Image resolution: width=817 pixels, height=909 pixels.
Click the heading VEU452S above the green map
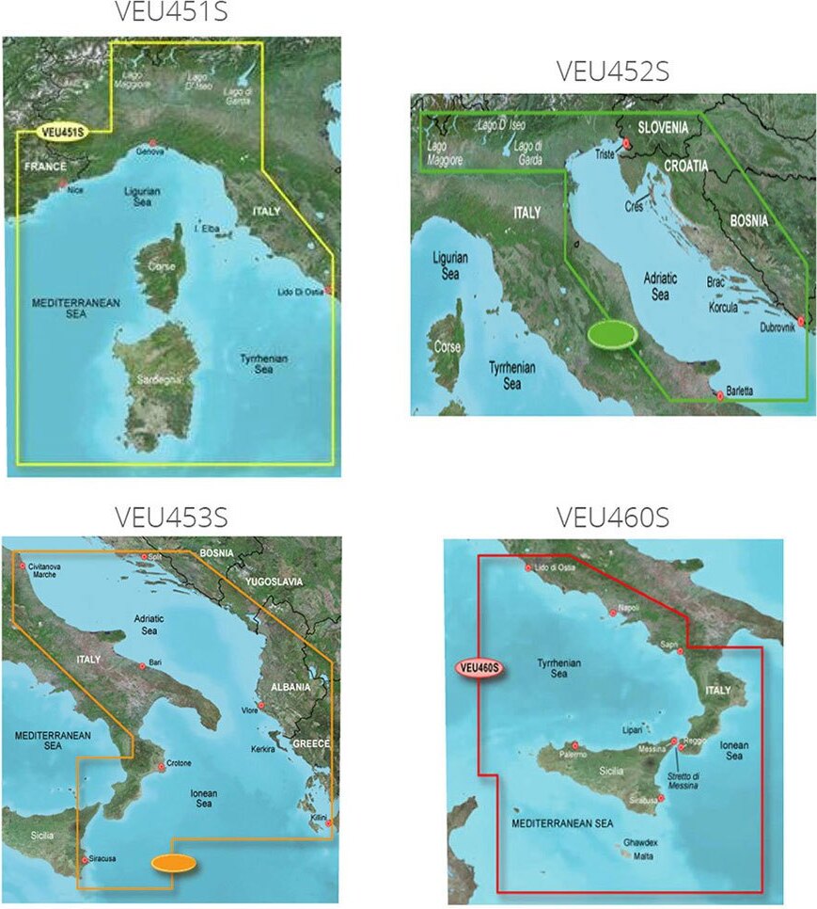(x=612, y=72)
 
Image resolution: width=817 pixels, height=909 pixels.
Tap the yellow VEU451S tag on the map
(x=61, y=133)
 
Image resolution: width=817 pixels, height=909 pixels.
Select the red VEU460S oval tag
(x=479, y=669)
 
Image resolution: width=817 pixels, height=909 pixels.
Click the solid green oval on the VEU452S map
(x=610, y=334)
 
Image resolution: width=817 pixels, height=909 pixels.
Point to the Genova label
(x=150, y=151)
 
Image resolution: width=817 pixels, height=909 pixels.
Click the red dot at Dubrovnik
(x=800, y=323)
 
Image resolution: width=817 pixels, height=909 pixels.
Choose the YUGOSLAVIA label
(x=274, y=582)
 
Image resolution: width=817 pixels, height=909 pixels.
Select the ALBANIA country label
(x=290, y=687)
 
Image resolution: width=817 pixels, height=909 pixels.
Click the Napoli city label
(x=629, y=608)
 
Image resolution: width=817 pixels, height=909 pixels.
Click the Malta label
(x=643, y=857)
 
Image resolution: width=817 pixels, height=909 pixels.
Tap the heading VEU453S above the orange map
(x=171, y=517)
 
